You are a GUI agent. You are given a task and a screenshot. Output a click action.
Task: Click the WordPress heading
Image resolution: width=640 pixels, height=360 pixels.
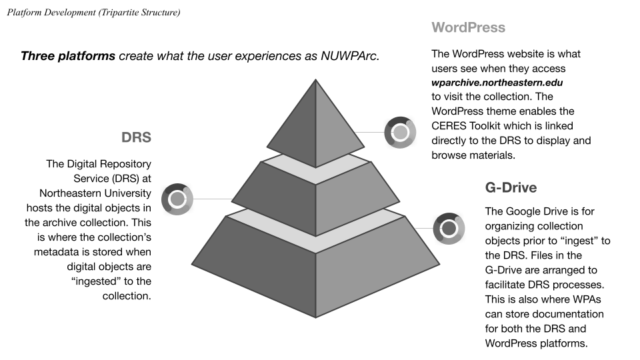click(x=468, y=28)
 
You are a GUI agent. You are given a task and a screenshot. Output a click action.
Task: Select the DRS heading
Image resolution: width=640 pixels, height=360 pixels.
click(x=136, y=138)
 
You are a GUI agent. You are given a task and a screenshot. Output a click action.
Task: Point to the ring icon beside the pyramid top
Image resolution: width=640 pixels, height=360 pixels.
click(x=400, y=132)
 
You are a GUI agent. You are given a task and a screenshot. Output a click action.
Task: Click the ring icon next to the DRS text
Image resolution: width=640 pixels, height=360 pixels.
click(x=177, y=199)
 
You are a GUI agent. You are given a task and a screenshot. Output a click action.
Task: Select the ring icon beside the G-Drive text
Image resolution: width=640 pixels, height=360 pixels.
click(x=449, y=229)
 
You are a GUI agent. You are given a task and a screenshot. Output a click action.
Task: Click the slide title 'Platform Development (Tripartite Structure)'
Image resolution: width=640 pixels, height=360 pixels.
click(x=93, y=12)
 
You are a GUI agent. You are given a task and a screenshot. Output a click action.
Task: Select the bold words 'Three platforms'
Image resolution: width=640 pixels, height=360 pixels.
click(x=68, y=56)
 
